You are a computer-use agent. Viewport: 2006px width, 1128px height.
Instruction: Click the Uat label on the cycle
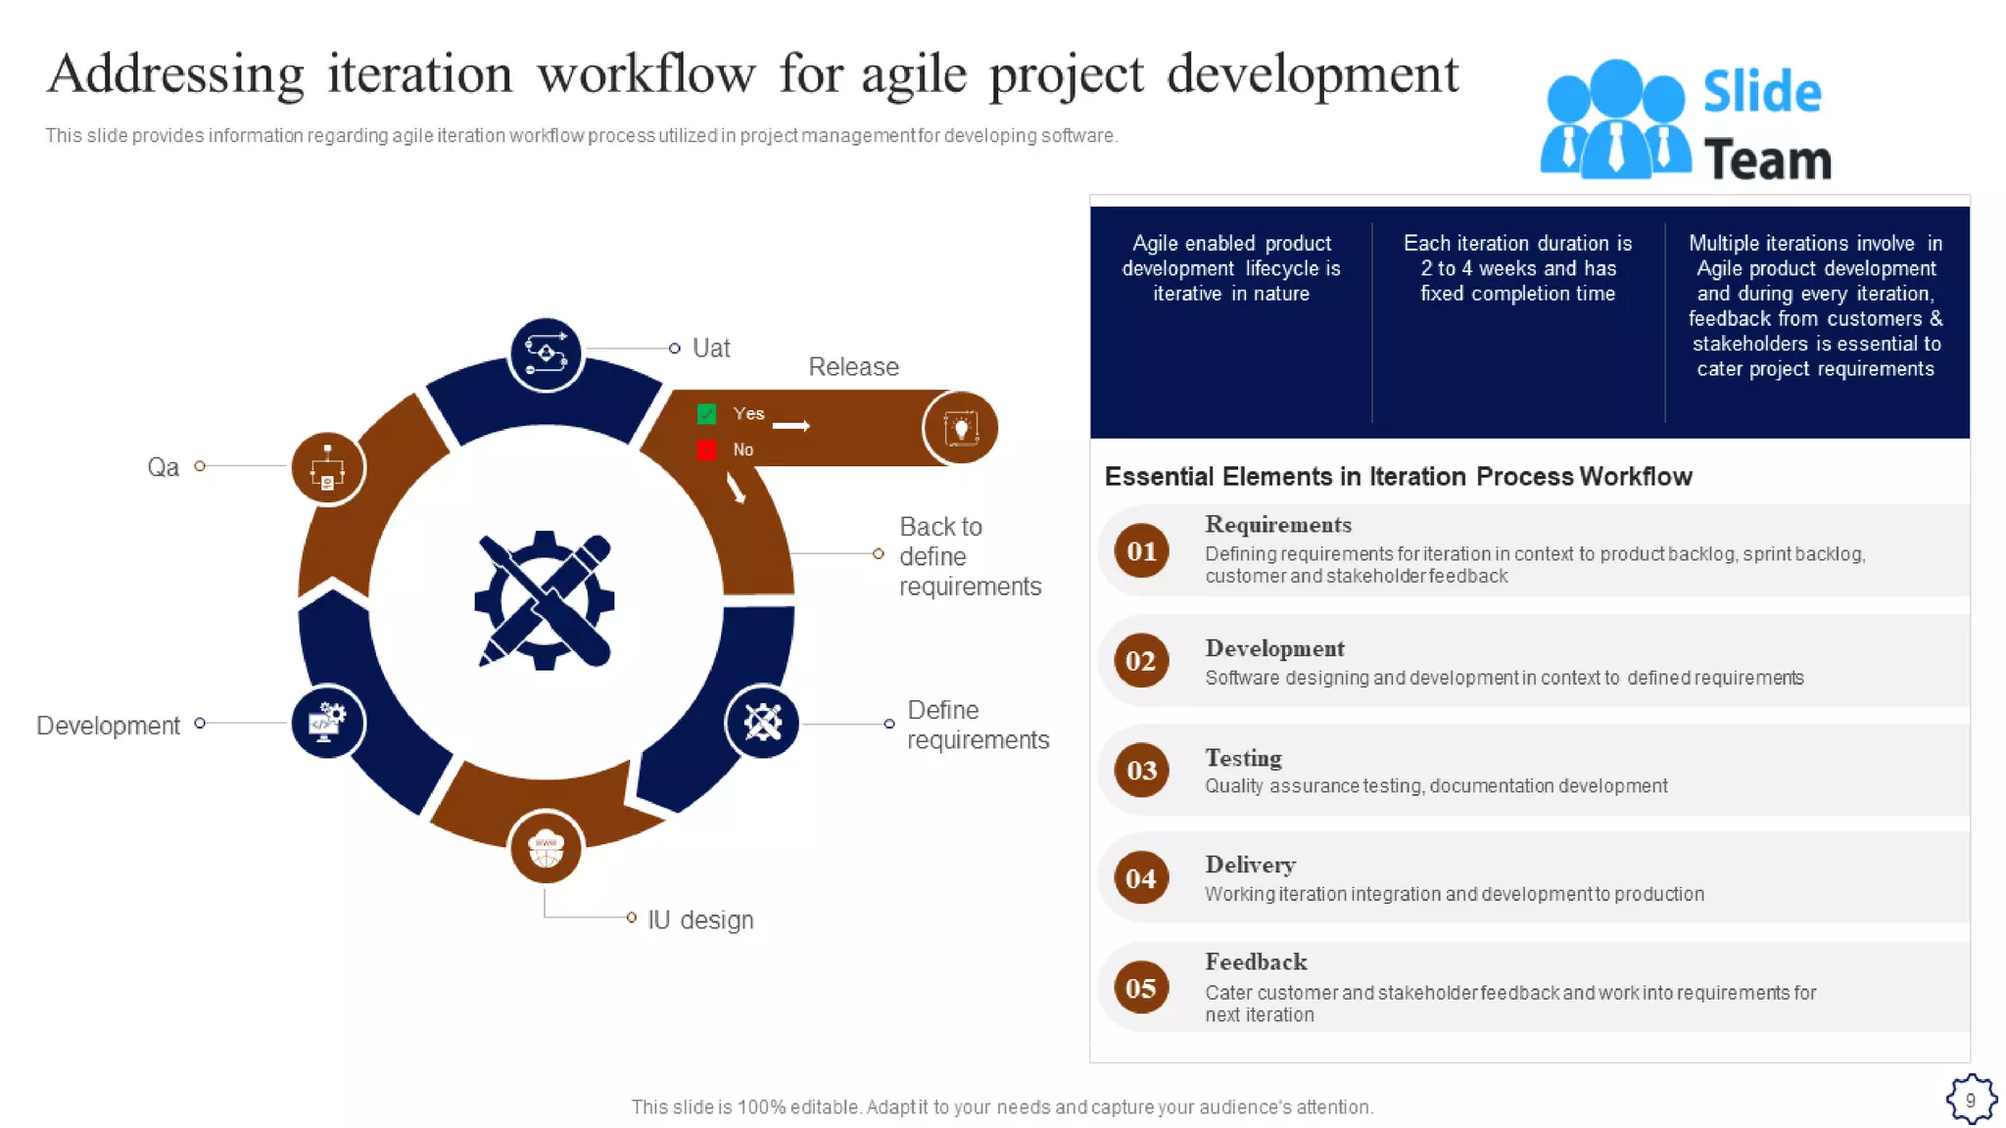point(710,349)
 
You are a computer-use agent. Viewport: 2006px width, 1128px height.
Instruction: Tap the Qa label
point(163,467)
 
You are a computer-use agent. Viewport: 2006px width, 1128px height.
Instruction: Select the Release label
point(852,367)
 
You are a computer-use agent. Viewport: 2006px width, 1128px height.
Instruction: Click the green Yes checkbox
point(706,414)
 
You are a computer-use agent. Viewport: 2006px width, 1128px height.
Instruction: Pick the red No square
point(706,449)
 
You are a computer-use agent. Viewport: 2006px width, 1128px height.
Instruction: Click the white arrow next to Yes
point(791,426)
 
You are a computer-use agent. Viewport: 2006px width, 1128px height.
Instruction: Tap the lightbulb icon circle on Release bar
point(960,428)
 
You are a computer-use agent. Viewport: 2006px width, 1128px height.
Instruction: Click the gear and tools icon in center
point(545,600)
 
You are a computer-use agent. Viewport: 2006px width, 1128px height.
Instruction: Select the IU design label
point(699,920)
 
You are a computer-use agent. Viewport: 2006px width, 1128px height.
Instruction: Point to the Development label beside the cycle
point(108,726)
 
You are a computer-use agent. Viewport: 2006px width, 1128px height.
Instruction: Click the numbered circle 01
point(1141,551)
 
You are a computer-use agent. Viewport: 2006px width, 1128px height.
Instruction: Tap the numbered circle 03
point(1141,771)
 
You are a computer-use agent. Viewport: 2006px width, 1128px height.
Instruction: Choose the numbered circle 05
point(1141,988)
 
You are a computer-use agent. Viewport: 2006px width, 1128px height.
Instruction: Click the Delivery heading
point(1250,865)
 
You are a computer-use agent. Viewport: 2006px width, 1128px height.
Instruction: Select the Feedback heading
point(1256,962)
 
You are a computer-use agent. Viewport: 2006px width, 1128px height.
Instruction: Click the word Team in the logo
point(1767,161)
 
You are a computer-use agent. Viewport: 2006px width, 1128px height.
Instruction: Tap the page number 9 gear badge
point(1971,1100)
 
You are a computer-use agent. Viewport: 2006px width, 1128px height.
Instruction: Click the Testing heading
point(1243,758)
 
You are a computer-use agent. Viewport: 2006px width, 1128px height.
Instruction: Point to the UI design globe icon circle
point(546,847)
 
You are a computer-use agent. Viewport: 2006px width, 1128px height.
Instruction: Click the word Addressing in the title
point(176,74)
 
